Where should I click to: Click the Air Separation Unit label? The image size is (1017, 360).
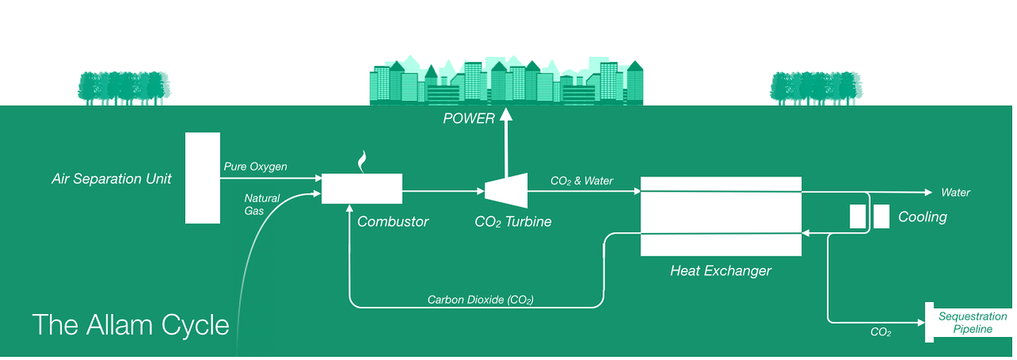click(x=111, y=179)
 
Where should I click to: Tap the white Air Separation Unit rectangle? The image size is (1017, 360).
click(x=203, y=178)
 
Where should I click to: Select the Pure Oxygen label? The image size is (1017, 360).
click(x=255, y=167)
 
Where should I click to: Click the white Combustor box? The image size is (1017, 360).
click(x=362, y=188)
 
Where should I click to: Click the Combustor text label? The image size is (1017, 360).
click(x=392, y=222)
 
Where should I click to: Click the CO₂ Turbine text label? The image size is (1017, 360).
click(x=512, y=222)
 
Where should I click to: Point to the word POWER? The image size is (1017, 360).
click(x=469, y=120)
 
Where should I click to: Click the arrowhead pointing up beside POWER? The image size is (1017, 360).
click(x=505, y=118)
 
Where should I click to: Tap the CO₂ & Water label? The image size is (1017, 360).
click(x=582, y=181)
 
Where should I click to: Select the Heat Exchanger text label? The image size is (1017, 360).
click(x=720, y=271)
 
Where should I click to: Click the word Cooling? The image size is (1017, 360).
click(x=922, y=217)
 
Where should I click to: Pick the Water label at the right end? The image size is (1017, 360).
click(x=955, y=193)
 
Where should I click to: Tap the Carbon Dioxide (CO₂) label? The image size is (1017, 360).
click(x=480, y=300)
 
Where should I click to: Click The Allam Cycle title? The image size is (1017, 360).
click(x=130, y=324)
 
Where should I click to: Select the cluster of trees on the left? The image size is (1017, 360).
click(x=125, y=87)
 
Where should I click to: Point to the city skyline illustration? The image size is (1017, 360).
click(x=506, y=82)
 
